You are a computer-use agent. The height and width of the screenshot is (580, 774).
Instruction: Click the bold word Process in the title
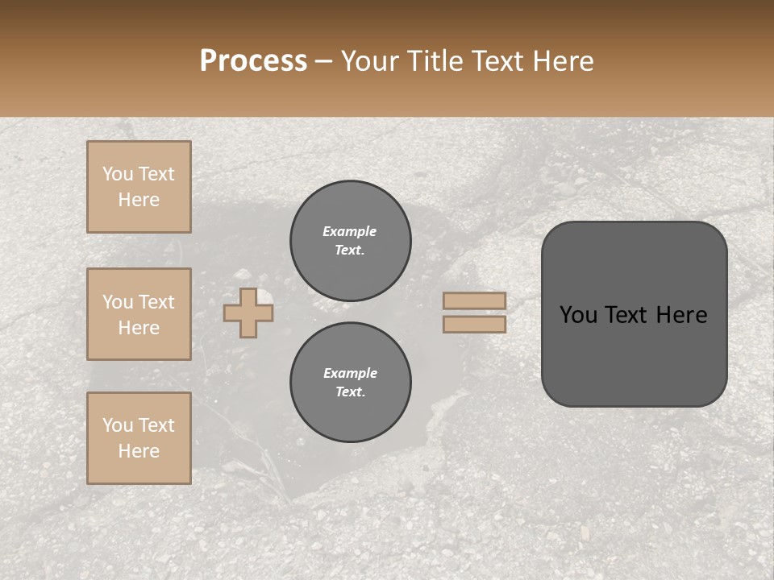point(253,61)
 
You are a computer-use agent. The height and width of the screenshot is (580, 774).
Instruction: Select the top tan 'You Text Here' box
point(139,187)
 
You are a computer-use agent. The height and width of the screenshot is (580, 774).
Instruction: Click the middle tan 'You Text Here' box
point(139,314)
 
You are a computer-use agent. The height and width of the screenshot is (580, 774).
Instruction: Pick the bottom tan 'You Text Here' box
point(139,438)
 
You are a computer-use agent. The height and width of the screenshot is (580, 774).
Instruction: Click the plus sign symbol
point(248,313)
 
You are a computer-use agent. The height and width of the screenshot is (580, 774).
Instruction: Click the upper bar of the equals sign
point(474,300)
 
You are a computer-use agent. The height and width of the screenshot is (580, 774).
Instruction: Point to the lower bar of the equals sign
point(474,324)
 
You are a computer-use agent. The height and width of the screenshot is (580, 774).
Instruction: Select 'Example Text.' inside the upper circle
point(350,241)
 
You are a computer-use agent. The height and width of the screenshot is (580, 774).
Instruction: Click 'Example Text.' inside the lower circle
point(350,383)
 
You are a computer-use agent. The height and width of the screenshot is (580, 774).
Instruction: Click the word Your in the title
point(372,61)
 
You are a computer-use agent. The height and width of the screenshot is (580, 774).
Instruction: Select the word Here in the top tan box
point(139,200)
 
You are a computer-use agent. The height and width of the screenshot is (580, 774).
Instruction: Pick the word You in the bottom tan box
point(117,425)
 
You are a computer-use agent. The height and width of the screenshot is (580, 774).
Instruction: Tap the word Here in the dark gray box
point(681,315)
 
